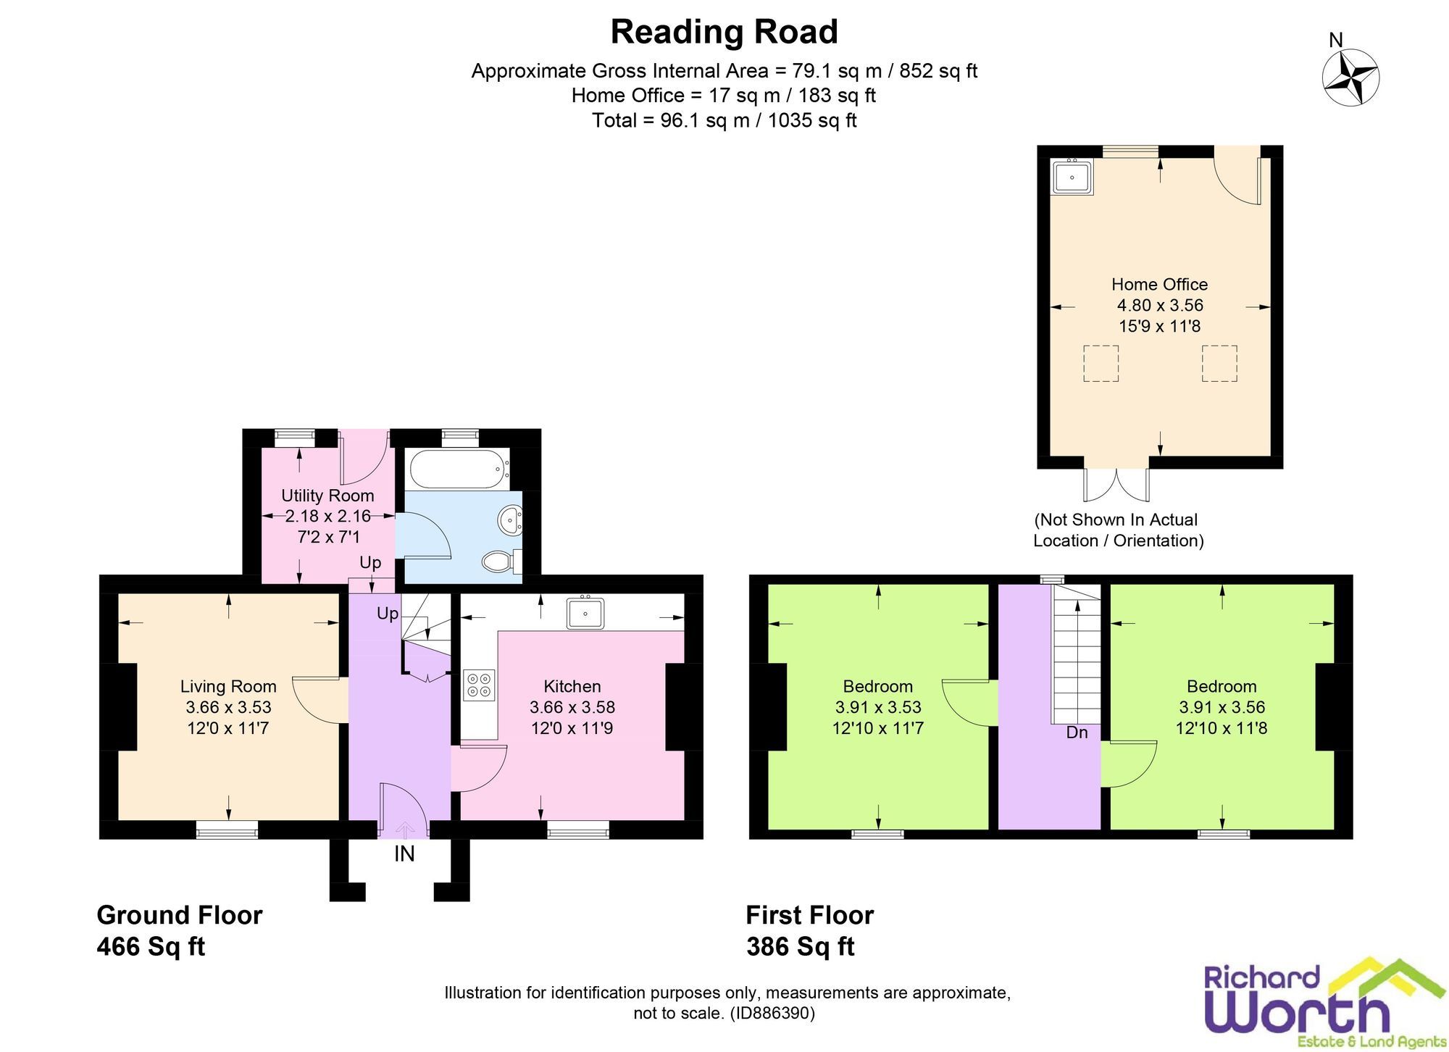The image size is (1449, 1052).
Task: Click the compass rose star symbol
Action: pyautogui.click(x=1350, y=78)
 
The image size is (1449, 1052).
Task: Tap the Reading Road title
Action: pyautogui.click(x=724, y=32)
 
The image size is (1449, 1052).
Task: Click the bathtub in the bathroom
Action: pyautogui.click(x=456, y=469)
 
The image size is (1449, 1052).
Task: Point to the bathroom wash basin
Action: pyautogui.click(x=511, y=520)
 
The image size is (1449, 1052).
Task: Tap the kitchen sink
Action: pyautogui.click(x=586, y=613)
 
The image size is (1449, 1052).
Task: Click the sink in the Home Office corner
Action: pyautogui.click(x=1072, y=177)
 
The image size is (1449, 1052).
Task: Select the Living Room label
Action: pyautogui.click(x=228, y=686)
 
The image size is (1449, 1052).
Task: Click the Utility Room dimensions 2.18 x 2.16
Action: pyautogui.click(x=327, y=517)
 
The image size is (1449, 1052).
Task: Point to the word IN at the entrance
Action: pyautogui.click(x=404, y=854)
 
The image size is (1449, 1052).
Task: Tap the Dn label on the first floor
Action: pyautogui.click(x=1077, y=732)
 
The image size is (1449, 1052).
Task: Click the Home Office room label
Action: pyautogui.click(x=1159, y=285)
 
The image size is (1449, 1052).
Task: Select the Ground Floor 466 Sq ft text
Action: pyautogui.click(x=179, y=931)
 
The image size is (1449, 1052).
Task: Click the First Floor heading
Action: pyautogui.click(x=809, y=916)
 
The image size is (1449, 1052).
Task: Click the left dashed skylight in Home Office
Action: pyautogui.click(x=1101, y=364)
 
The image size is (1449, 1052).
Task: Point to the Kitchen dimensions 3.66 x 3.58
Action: pyautogui.click(x=572, y=707)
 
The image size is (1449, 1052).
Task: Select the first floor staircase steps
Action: pyautogui.click(x=1077, y=659)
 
